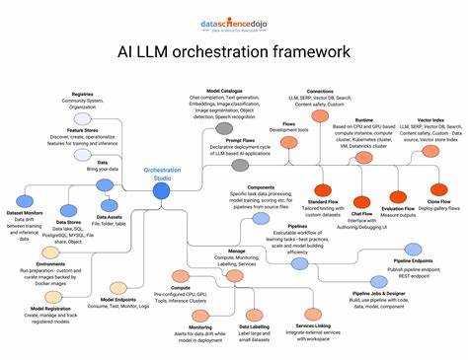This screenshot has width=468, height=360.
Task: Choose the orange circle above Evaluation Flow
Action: coord(398,197)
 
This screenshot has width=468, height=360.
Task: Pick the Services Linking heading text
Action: coord(313,326)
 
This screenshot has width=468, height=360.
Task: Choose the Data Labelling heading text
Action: coord(254,326)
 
